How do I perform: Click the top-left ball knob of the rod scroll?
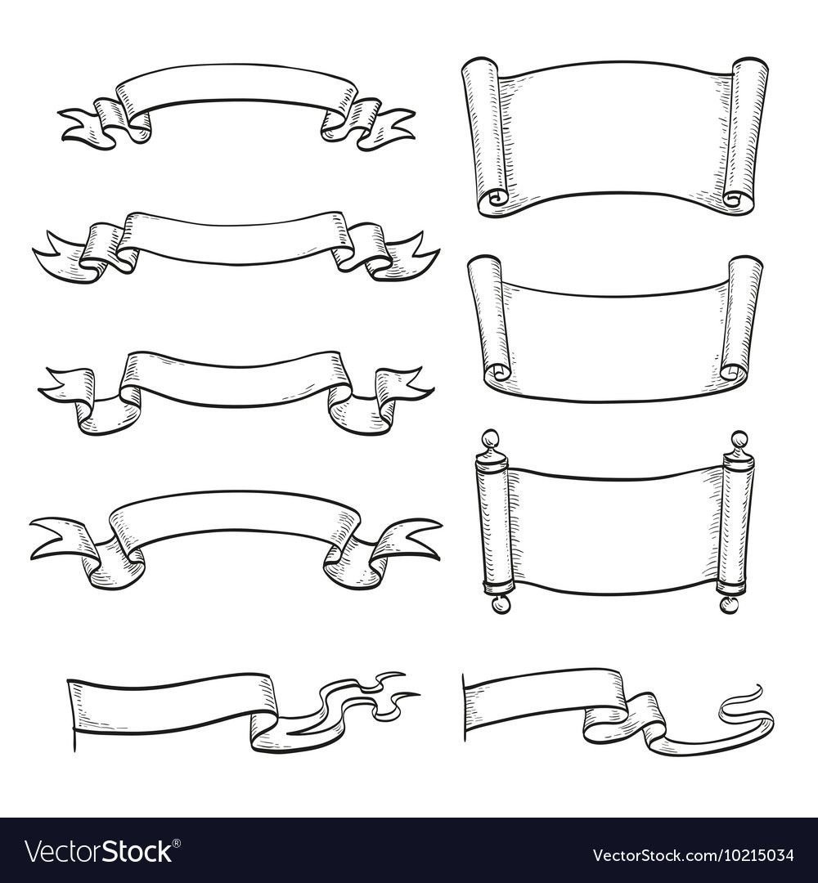(x=489, y=438)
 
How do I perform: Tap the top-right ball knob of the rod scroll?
(x=739, y=439)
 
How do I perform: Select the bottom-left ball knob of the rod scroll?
(x=500, y=605)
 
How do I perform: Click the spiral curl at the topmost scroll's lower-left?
(x=497, y=198)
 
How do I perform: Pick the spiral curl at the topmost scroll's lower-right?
(x=734, y=199)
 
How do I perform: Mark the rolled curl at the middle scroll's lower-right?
(x=731, y=372)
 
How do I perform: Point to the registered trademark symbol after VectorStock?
(x=177, y=843)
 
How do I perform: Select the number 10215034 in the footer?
(x=756, y=854)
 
